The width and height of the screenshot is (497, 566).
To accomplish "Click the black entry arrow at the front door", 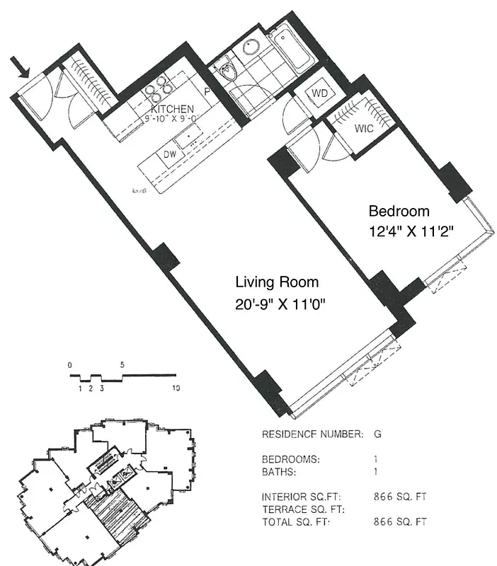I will click(23, 67).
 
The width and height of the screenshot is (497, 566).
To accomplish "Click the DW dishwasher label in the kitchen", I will click(170, 154).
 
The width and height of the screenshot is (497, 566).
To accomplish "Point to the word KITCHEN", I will click(172, 109).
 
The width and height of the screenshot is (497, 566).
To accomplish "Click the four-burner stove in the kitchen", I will click(160, 89).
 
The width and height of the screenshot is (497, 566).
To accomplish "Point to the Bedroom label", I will click(399, 211).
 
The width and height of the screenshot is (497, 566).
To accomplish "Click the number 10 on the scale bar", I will click(176, 388).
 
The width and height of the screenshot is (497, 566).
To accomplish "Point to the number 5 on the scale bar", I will click(122, 365).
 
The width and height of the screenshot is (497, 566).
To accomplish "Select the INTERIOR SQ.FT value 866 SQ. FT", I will click(400, 496).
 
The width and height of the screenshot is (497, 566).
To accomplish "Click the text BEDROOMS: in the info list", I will click(290, 458).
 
